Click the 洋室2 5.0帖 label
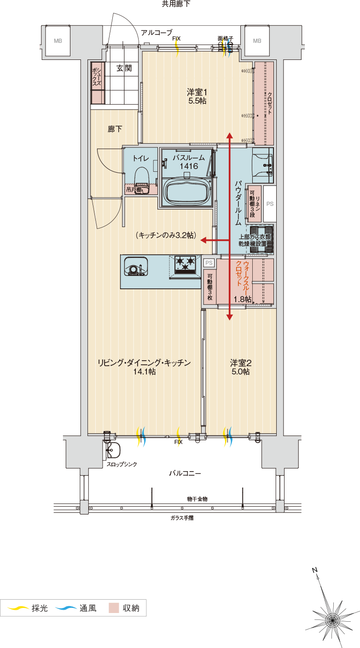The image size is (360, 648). click(240, 367)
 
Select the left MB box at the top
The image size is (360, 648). click(58, 41)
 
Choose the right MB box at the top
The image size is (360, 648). click(256, 41)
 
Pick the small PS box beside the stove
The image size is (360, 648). click(209, 263)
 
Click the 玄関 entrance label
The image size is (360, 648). click(123, 69)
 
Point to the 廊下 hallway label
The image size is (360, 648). click(115, 129)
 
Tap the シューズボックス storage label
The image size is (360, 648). click(97, 76)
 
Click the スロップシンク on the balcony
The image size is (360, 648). click(112, 450)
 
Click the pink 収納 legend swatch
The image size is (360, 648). click(114, 608)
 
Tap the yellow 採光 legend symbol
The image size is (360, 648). click(18, 608)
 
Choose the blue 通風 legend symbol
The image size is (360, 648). click(66, 608)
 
